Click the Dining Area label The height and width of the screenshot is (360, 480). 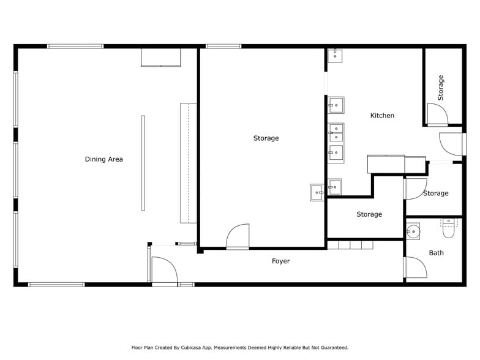point(103,159)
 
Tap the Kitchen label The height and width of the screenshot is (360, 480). point(382,115)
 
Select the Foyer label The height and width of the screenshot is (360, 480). point(280,261)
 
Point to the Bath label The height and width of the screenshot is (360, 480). point(436,253)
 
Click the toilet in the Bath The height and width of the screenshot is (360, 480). point(449,229)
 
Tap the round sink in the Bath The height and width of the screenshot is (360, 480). point(414,232)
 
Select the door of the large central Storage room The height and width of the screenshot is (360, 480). point(238,236)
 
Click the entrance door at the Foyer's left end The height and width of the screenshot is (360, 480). point(162,271)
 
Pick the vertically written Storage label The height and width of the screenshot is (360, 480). point(440,88)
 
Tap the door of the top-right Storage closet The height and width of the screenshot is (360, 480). point(437,114)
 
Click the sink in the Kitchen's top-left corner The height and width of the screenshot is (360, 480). point(334,56)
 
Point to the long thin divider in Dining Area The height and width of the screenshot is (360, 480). point(143,163)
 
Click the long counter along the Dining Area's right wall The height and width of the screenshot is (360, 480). point(188,163)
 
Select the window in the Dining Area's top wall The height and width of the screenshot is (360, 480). point(75,46)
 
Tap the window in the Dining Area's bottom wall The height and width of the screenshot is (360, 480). point(56,284)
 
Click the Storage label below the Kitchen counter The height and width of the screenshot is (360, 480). point(369,214)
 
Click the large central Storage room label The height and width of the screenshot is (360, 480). point(266,138)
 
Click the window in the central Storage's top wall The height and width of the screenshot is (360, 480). point(223,46)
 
